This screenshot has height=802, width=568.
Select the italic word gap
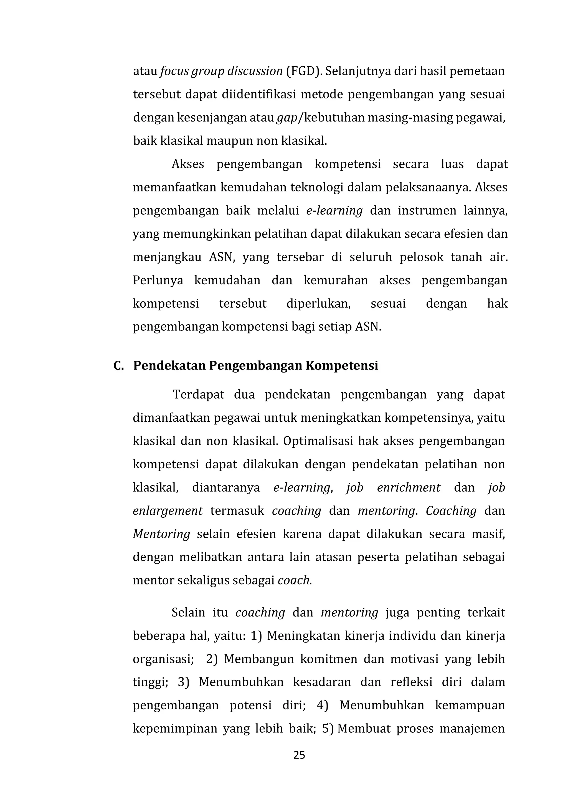click(x=287, y=118)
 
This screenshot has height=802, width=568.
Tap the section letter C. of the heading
click(x=119, y=366)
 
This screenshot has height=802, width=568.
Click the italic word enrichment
click(x=409, y=488)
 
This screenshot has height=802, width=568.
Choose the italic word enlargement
click(x=168, y=511)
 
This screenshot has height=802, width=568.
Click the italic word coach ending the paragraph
click(x=294, y=581)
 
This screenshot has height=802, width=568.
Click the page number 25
click(x=299, y=755)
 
